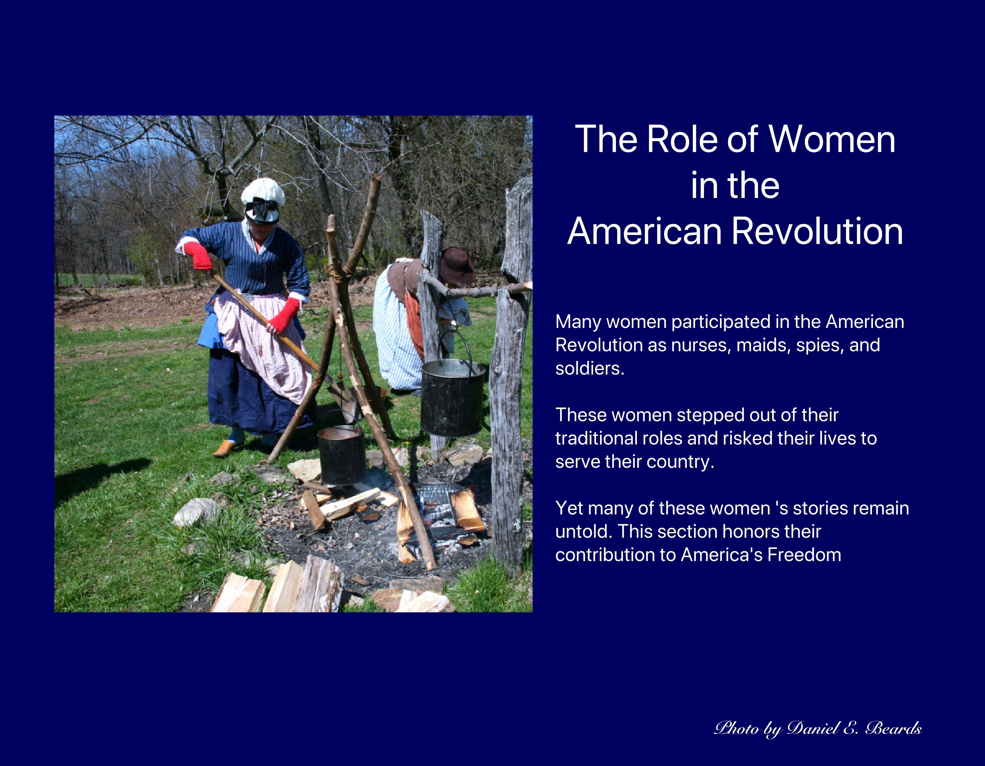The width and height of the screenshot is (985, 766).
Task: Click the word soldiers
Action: tap(589, 369)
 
